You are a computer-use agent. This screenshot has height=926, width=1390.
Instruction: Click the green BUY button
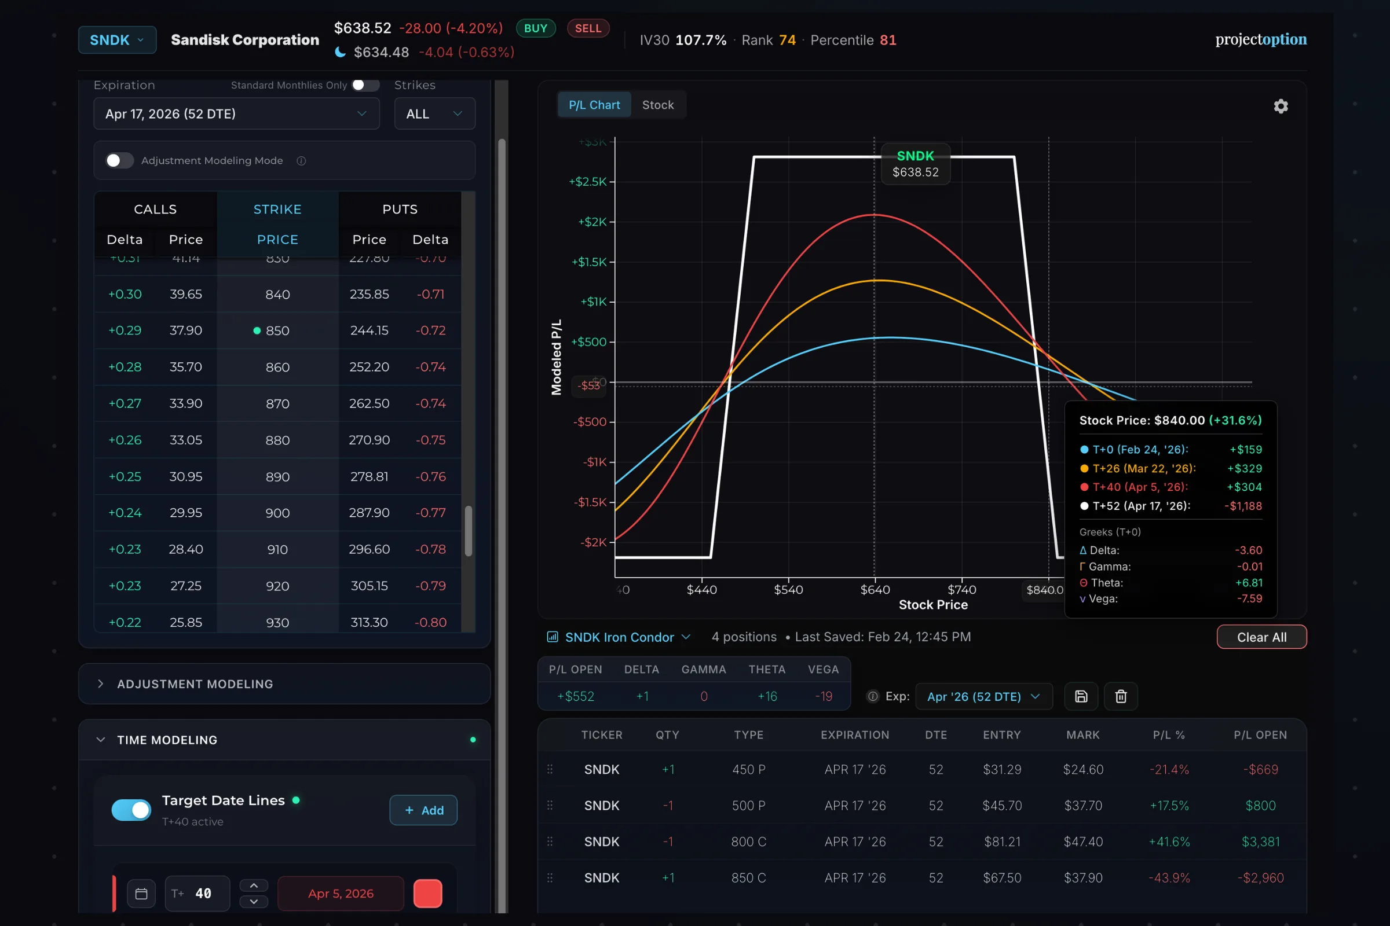click(x=535, y=28)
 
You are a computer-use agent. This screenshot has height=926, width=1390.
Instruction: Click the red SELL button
click(x=587, y=28)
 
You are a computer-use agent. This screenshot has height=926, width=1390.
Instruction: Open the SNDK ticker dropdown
click(x=117, y=40)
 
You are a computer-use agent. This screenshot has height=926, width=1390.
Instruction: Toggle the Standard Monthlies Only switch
click(x=365, y=85)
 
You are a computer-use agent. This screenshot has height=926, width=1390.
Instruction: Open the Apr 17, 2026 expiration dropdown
click(x=236, y=113)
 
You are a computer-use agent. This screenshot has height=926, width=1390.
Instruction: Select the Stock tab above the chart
click(x=657, y=105)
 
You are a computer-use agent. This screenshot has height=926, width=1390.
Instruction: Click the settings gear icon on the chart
click(x=1280, y=106)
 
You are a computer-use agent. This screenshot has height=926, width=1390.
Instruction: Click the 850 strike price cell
click(x=277, y=330)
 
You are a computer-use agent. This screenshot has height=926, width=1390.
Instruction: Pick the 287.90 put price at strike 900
click(x=369, y=513)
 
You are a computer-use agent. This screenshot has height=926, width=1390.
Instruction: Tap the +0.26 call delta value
click(x=125, y=440)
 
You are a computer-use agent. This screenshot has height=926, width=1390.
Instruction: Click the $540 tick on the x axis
click(x=788, y=589)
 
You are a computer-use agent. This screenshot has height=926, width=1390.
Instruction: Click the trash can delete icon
click(x=1121, y=696)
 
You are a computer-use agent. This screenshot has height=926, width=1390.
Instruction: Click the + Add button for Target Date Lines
click(x=423, y=810)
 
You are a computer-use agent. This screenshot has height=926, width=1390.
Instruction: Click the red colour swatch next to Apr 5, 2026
click(x=427, y=893)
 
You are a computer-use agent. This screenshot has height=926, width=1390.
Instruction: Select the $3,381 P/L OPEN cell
click(x=1260, y=842)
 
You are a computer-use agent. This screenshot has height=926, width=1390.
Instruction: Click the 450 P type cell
click(x=748, y=770)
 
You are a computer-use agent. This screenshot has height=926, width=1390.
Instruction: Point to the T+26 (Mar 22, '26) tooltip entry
click(x=1143, y=468)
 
